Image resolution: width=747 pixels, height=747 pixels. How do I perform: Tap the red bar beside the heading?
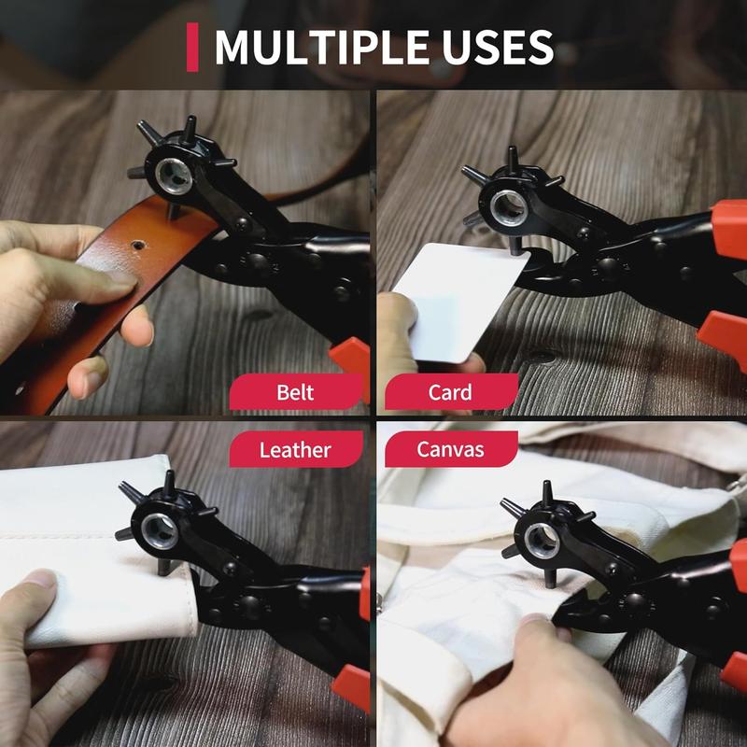pos(192,48)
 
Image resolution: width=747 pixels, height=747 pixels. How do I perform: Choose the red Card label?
pos(450,392)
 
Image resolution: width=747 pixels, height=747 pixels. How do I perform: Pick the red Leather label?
pos(295,449)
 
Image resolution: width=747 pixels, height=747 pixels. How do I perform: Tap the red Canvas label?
pos(450,449)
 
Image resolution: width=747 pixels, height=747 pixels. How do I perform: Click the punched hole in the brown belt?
pos(138,246)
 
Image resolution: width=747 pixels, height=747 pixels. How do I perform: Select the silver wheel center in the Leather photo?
pos(161,529)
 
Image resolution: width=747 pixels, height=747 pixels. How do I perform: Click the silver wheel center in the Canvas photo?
pos(542,539)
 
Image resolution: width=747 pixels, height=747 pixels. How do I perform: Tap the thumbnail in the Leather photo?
pos(42,579)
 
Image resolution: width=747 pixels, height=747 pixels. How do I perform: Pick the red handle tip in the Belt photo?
pos(352,359)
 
